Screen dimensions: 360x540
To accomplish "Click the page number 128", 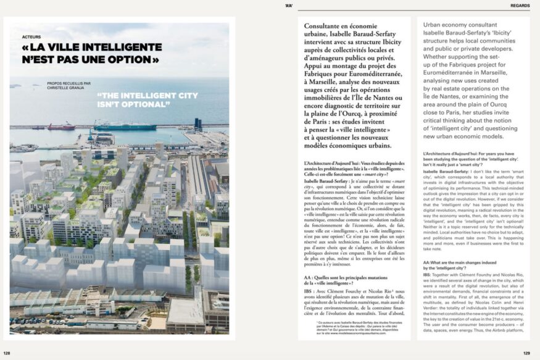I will [7, 354].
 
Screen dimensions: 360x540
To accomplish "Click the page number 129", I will [526, 354].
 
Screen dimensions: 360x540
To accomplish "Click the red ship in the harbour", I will [62, 127].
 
